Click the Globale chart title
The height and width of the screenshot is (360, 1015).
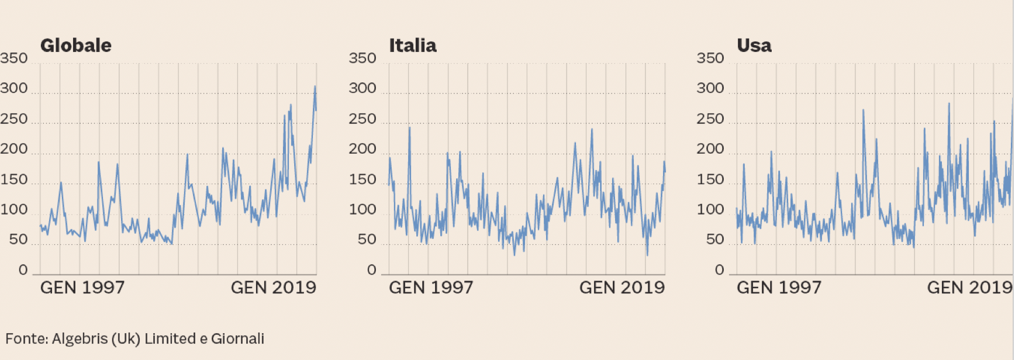point(75,46)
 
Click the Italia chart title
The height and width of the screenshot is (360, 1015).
point(412,46)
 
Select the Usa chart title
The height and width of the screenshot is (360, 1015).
point(754,46)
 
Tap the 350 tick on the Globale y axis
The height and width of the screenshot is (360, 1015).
point(14,58)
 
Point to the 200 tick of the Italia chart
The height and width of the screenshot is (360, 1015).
point(362,149)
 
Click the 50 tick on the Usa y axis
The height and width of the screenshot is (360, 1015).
point(715,240)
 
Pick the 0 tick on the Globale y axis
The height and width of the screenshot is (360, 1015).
point(23,270)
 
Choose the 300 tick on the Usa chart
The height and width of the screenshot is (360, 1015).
point(710,88)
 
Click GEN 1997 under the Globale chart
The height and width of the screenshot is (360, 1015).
point(82,288)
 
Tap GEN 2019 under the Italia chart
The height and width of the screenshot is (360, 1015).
point(622,288)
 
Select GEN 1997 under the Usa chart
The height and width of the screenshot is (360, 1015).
point(779,288)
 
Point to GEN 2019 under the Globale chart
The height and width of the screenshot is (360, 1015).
point(274,288)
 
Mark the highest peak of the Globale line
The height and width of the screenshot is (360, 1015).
point(315,87)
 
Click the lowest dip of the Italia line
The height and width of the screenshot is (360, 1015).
point(647,255)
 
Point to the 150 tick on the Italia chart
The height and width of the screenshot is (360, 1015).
point(362,179)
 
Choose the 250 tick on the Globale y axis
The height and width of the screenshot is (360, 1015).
point(14,119)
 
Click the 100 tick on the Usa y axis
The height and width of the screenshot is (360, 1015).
point(710,209)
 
